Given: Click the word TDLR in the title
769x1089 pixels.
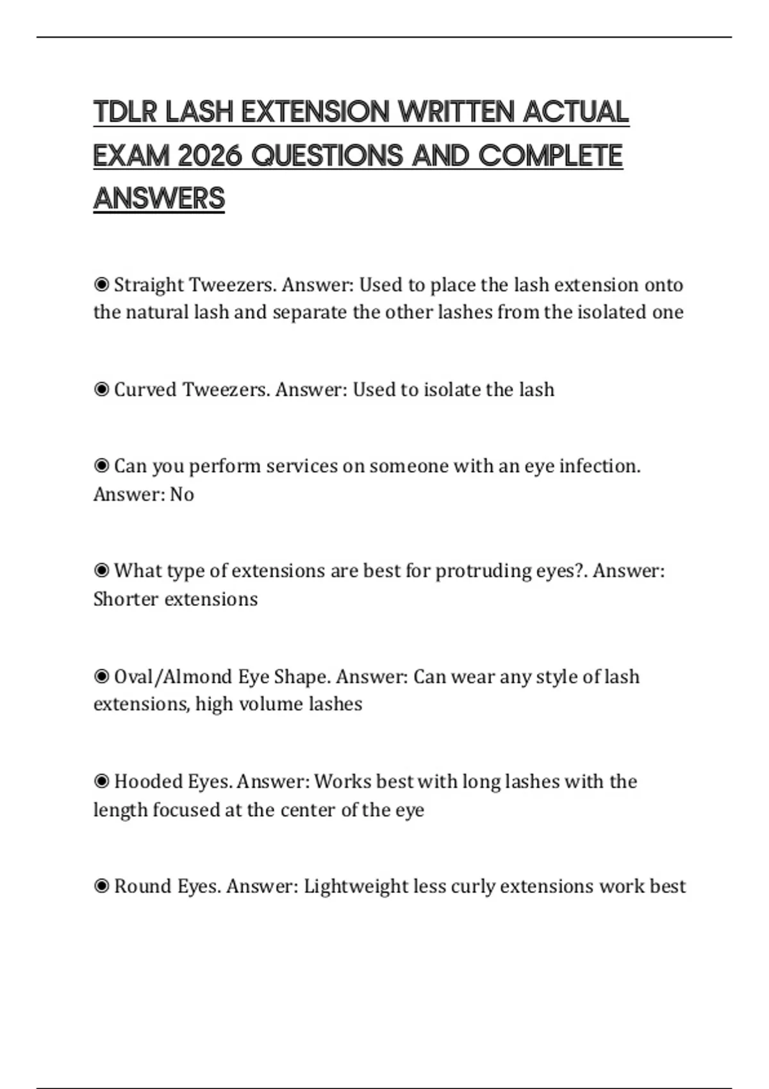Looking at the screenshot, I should click(x=126, y=112).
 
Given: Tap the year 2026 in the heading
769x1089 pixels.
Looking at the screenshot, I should click(x=209, y=156).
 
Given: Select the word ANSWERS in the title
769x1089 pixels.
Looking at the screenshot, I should click(x=159, y=199).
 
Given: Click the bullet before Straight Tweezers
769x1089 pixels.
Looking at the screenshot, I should click(x=101, y=284).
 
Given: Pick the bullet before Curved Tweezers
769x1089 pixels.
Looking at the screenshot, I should click(x=101, y=389).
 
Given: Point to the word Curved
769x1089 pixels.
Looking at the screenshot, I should click(x=145, y=389).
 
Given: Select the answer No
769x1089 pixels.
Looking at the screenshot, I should click(x=182, y=495).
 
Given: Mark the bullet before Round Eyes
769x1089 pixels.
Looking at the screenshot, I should click(x=101, y=887).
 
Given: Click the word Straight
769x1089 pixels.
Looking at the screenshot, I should click(x=148, y=284).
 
